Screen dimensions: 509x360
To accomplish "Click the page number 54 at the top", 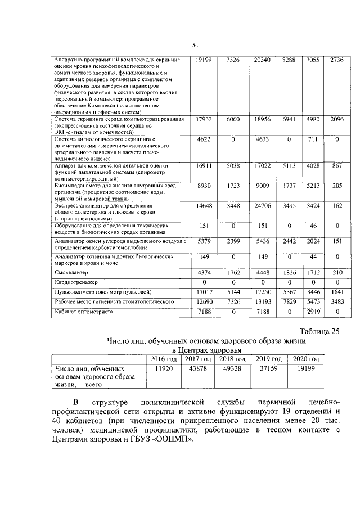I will [x=196, y=46].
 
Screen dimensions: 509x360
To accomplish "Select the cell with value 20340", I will [x=262, y=60].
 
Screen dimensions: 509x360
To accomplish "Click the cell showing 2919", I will [x=313, y=311].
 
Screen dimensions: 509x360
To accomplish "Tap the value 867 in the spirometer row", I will [x=336, y=166].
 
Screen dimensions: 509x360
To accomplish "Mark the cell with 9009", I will [x=262, y=185].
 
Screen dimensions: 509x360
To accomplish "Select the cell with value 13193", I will [x=262, y=302].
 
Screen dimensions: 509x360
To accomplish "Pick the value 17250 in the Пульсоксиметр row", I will [x=262, y=292].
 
